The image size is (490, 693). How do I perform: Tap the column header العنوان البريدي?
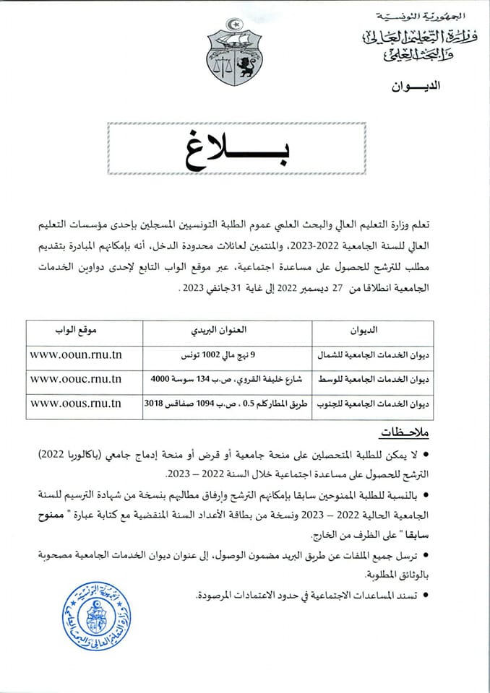pyautogui.click(x=215, y=332)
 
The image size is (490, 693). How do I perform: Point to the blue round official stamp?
pyautogui.click(x=96, y=616)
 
